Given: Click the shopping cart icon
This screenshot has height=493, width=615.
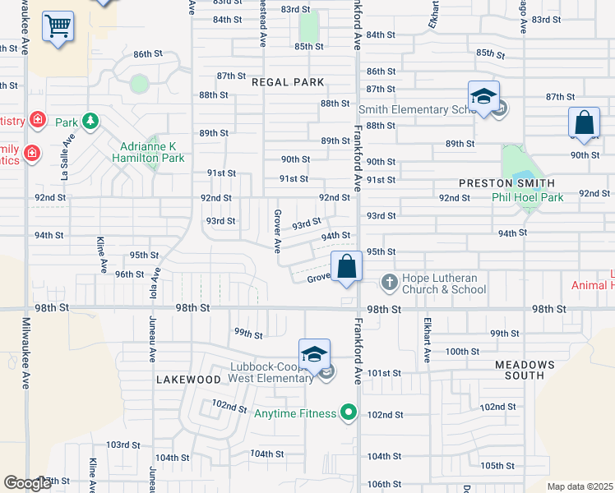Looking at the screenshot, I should click(x=58, y=26).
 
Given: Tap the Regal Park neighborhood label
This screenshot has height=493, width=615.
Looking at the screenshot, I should click(x=288, y=83).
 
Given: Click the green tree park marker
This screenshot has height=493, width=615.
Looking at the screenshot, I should click(x=90, y=122).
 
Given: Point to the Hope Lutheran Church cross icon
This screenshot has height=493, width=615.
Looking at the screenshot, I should click(x=389, y=283).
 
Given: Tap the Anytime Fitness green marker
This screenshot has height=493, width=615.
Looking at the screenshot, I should click(x=349, y=412).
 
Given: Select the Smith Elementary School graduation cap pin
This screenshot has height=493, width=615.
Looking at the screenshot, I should click(x=484, y=97).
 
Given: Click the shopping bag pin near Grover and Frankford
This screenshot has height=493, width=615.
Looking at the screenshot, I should click(x=347, y=267).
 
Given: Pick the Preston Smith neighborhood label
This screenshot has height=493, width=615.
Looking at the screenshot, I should click(x=506, y=183).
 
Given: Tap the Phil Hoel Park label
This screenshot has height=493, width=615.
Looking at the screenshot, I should click(x=527, y=197).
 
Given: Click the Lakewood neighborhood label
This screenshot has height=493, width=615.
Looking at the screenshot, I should click(x=187, y=380).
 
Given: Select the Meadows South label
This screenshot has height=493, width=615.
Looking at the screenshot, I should click(x=525, y=370).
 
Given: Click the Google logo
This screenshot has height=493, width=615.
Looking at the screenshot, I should click(x=27, y=483).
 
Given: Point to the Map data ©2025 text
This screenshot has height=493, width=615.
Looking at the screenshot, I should click(x=580, y=486).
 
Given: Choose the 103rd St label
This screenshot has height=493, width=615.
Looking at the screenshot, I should click(x=123, y=445).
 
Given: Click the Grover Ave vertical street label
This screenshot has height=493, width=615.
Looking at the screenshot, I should click(x=277, y=231).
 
